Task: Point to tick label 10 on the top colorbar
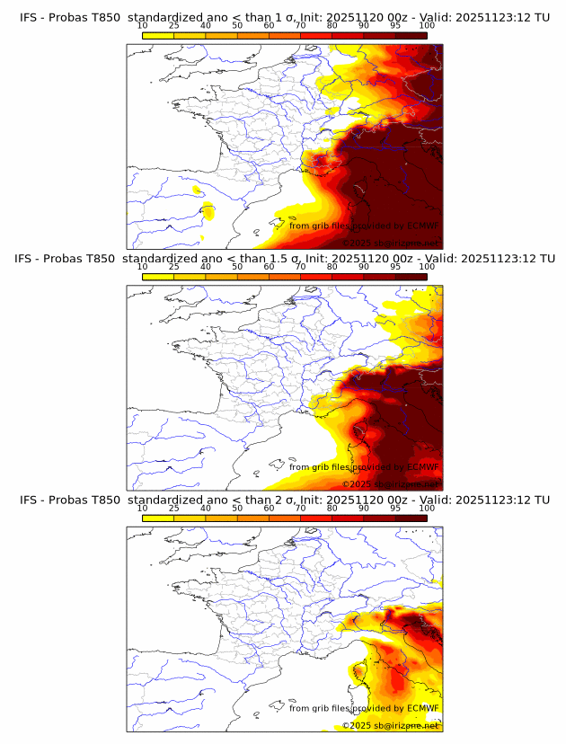(x=142, y=25)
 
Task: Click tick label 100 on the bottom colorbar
(x=427, y=508)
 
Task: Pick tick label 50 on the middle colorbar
(x=237, y=266)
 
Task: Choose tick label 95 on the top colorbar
(x=395, y=25)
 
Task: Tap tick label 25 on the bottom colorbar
(x=174, y=508)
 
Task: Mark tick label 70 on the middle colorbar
(x=301, y=266)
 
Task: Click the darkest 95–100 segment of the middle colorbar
(x=411, y=276)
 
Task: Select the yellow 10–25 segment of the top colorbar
(x=158, y=35)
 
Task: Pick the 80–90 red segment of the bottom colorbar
(x=348, y=518)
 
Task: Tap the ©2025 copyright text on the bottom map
(x=357, y=724)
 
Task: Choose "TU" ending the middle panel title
(x=542, y=258)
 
